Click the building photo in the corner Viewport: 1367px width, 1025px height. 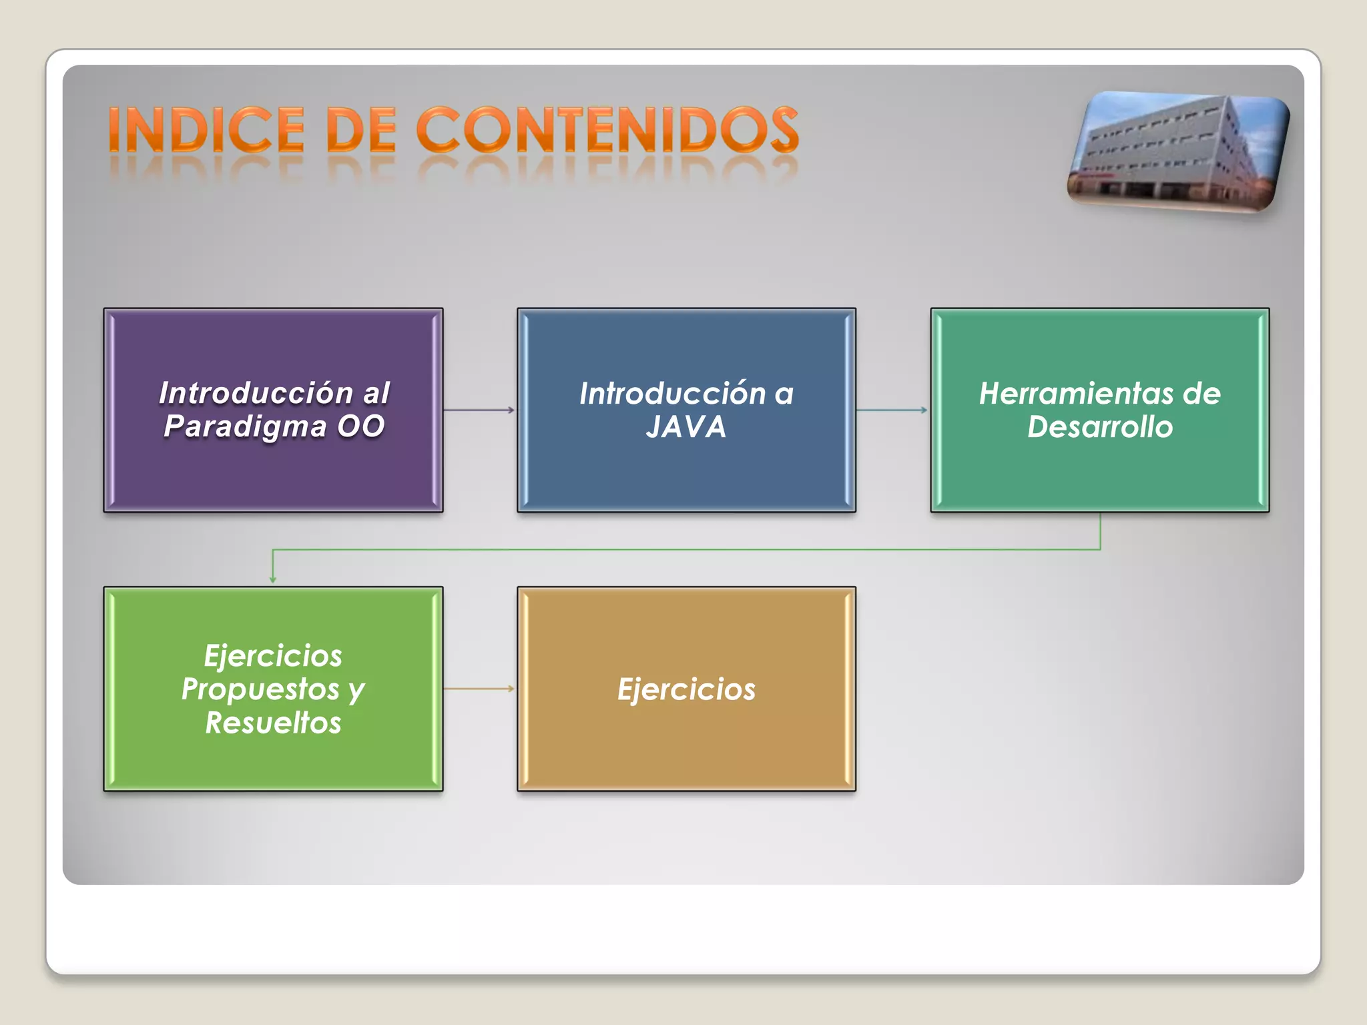[x=1178, y=152]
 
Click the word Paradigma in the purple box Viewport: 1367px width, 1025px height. [x=245, y=427]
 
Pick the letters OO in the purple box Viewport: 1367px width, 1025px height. [x=361, y=427]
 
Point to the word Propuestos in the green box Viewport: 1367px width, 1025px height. [x=260, y=689]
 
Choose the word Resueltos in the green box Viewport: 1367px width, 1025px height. [x=273, y=723]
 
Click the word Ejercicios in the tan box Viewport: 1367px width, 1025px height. [x=686, y=689]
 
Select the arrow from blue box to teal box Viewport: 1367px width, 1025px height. [x=892, y=410]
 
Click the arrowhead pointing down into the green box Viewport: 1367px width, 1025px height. [x=272, y=579]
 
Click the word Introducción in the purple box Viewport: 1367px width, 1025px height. [x=256, y=393]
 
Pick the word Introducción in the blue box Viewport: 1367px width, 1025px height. [x=672, y=394]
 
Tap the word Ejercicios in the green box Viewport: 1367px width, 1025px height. [x=273, y=656]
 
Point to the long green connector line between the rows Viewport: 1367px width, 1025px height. [x=686, y=550]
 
